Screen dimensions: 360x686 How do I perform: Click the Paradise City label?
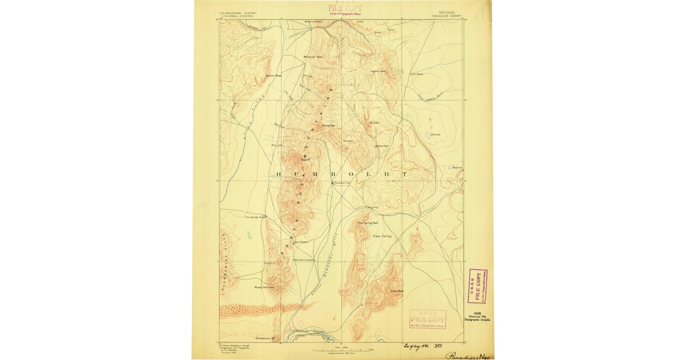coord(344,183)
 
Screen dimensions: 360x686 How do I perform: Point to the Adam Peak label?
coord(397,290)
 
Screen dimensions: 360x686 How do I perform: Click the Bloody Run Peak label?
coord(264,287)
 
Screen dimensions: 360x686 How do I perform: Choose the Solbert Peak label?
coord(274,75)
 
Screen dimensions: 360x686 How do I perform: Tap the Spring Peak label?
coord(328,126)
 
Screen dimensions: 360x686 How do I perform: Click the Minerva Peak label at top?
coord(313,22)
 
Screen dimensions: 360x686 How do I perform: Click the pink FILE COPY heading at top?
coord(344,8)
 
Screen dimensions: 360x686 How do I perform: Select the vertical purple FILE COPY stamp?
coord(478,286)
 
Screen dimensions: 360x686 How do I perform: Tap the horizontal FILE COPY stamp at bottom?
coord(428,319)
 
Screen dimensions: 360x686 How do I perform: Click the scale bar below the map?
coord(342,349)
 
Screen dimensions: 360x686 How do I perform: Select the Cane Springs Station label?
coord(256,217)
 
